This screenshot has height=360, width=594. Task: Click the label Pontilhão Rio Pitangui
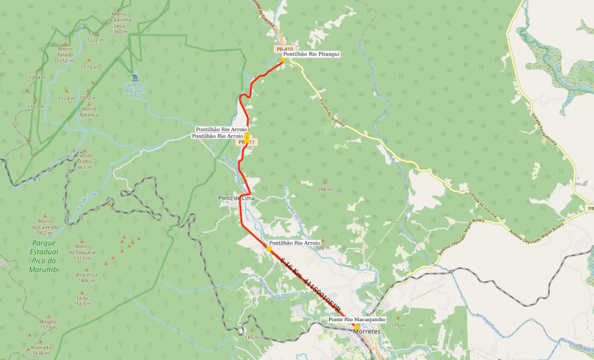[312, 54]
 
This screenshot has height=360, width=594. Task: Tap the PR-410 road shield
[284, 49]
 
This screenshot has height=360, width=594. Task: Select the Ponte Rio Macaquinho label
[356, 319]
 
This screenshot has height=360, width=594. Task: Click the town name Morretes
[366, 331]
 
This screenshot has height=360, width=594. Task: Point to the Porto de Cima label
[237, 198]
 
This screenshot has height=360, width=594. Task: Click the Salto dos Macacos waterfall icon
[134, 77]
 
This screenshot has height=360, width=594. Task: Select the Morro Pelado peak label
[65, 54]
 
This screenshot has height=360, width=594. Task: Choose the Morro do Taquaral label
[82, 252]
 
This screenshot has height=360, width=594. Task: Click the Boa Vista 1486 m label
[82, 277]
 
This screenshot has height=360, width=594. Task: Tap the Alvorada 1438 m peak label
[41, 350]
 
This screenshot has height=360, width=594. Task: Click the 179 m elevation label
[398, 325]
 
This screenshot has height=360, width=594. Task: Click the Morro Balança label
[89, 111]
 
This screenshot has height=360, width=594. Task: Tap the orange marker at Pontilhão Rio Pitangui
[282, 60]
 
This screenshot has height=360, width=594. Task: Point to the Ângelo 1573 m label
[48, 324]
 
